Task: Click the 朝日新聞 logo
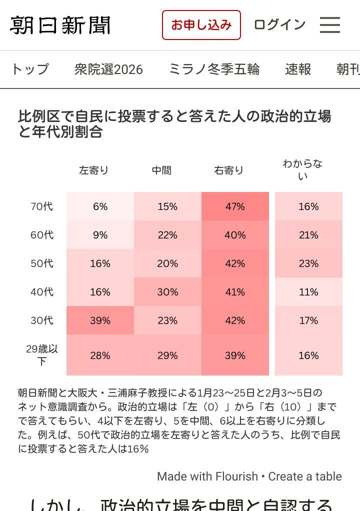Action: click(x=60, y=25)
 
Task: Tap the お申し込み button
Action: click(x=201, y=25)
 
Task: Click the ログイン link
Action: click(x=279, y=24)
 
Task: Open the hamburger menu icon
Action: click(x=330, y=25)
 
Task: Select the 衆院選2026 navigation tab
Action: click(x=108, y=69)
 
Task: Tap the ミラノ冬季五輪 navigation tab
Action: click(x=214, y=69)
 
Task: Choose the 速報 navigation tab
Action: click(x=298, y=69)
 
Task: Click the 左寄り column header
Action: click(x=93, y=170)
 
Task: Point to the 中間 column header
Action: click(x=161, y=170)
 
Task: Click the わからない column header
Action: click(x=302, y=169)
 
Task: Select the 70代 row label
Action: click(x=42, y=206)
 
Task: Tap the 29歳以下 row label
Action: click(x=42, y=355)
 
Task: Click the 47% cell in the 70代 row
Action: click(x=235, y=206)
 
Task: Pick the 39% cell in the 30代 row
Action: click(x=100, y=320)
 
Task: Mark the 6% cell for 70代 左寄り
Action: click(x=100, y=206)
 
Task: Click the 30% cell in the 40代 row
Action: click(x=167, y=292)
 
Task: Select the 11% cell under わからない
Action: click(x=308, y=292)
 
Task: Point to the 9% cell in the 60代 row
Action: click(x=100, y=235)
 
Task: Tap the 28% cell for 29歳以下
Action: click(x=100, y=355)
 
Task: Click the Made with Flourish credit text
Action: click(x=207, y=476)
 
